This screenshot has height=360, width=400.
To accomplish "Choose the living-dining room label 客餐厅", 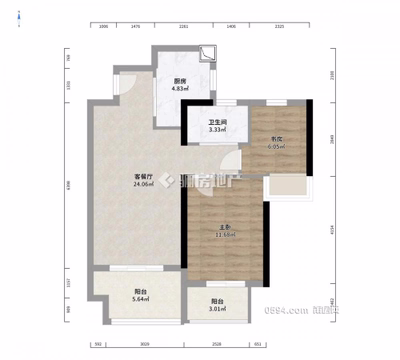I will (x=144, y=176).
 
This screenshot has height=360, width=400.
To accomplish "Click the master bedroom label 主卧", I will (x=226, y=227).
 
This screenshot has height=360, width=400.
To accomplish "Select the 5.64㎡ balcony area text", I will (x=140, y=298).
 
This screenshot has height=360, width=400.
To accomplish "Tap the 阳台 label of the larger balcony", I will (x=140, y=290).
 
